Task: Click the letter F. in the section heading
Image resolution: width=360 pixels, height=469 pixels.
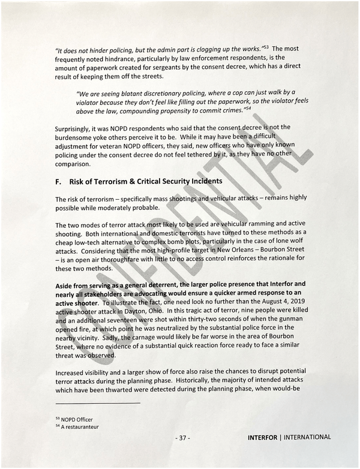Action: pyautogui.click(x=59, y=181)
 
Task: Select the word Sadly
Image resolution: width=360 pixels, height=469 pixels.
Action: pyautogui.click(x=113, y=339)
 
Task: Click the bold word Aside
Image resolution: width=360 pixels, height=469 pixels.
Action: pyautogui.click(x=65, y=284)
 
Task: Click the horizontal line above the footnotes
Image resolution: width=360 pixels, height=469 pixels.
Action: pyautogui.click(x=97, y=403)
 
